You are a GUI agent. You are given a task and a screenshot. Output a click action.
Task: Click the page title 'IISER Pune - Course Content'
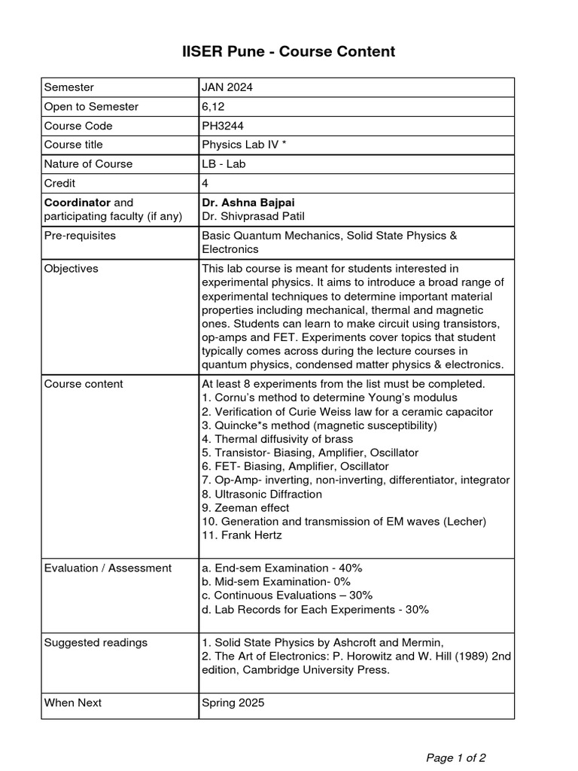[x=289, y=51]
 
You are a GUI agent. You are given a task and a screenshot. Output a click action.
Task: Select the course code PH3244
[x=224, y=126]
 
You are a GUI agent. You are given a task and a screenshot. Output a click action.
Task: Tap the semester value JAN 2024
[x=227, y=87]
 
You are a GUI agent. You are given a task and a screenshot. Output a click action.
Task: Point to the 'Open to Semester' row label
[x=91, y=107]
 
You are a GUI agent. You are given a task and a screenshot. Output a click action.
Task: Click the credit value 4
[x=205, y=183]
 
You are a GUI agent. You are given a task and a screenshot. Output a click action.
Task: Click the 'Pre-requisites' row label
[x=80, y=236]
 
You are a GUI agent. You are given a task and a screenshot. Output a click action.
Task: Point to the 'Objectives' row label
[x=71, y=269]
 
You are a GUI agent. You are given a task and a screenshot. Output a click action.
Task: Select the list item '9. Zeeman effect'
[x=245, y=508]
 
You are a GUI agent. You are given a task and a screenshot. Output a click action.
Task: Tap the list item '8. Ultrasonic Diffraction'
[x=262, y=494]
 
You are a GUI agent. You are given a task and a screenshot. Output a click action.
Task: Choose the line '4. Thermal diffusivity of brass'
[x=277, y=439]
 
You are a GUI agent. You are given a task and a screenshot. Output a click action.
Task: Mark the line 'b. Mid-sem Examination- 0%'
[x=276, y=582]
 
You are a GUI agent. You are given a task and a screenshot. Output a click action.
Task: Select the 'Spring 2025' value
[x=233, y=702]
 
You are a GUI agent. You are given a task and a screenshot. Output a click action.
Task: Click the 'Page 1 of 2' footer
[x=456, y=757]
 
